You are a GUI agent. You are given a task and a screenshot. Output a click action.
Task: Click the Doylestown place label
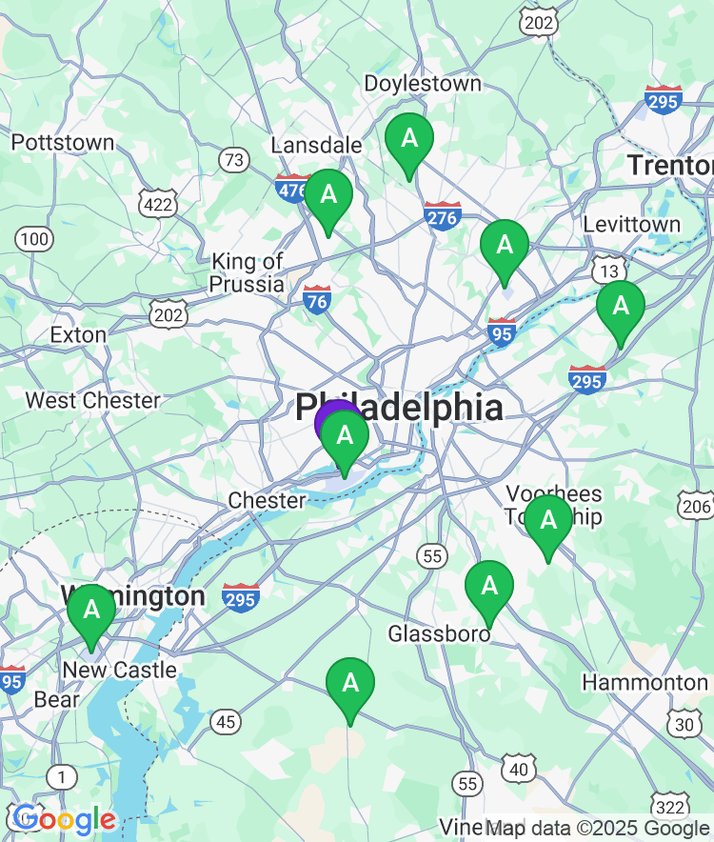point(423,84)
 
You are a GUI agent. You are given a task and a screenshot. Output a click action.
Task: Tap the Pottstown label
point(63,143)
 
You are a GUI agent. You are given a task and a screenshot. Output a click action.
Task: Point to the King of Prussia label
point(248,272)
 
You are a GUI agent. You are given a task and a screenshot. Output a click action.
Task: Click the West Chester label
point(92,400)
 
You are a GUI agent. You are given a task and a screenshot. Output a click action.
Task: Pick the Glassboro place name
point(439,633)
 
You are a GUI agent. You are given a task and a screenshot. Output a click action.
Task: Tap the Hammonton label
point(645,683)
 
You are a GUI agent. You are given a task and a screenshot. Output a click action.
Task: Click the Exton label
point(78,335)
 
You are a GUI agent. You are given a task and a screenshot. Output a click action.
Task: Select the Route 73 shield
point(234,159)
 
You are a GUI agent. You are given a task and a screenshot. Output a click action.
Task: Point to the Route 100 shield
point(35,238)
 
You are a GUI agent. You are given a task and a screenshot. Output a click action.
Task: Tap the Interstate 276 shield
point(443,216)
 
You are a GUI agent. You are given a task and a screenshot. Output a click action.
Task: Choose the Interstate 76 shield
point(317,300)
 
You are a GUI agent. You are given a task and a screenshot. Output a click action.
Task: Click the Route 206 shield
point(696,505)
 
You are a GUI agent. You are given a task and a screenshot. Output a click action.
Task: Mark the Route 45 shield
point(225,722)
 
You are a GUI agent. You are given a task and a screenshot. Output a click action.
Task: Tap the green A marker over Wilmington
point(91,611)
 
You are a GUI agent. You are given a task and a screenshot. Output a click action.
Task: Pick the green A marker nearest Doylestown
point(409,140)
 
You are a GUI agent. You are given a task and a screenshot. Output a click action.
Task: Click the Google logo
point(63,819)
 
